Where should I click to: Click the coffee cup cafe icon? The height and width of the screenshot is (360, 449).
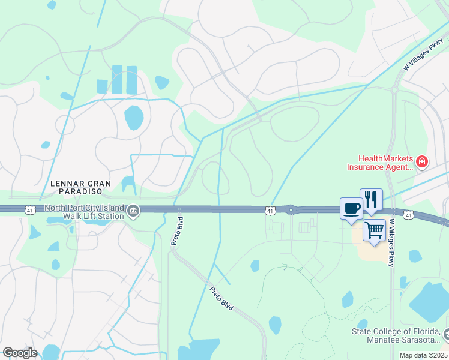(x=351, y=209)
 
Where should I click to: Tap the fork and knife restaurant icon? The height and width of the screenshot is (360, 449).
(x=371, y=199)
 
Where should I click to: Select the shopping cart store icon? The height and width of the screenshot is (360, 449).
(x=374, y=230)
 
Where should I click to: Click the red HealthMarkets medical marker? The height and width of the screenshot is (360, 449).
(x=423, y=162)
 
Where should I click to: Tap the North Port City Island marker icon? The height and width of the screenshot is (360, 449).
(x=133, y=210)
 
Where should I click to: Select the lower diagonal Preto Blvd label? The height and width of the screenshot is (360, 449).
(x=221, y=298)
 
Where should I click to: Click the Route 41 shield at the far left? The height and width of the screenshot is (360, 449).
(x=29, y=209)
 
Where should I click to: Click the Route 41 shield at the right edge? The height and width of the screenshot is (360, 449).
(x=409, y=214)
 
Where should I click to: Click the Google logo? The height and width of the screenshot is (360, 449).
(x=20, y=352)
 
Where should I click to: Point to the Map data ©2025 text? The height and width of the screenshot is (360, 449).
(x=423, y=355)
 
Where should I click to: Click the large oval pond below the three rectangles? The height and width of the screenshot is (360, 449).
(x=134, y=118)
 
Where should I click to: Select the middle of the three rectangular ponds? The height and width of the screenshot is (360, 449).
(x=116, y=79)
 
